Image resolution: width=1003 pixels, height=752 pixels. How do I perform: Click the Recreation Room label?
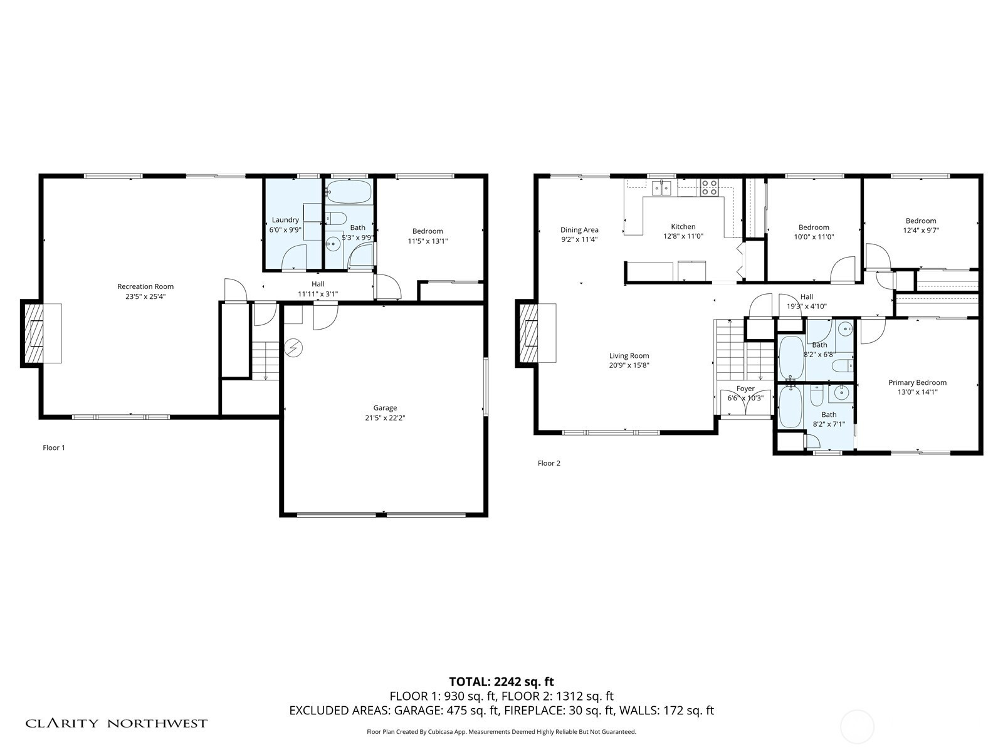tap(145, 286)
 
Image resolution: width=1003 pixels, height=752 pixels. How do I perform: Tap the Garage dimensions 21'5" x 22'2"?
tap(385, 417)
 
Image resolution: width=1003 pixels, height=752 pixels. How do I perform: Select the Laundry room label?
tap(285, 219)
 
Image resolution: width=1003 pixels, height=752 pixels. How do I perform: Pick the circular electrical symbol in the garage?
tap(293, 348)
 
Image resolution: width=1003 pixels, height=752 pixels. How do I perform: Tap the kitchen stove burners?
tap(709, 187)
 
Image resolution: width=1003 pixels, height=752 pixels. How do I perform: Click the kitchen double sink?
tap(661, 187)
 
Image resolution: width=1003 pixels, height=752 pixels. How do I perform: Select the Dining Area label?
tap(579, 229)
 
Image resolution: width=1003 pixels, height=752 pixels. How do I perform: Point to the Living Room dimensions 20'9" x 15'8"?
tap(629, 365)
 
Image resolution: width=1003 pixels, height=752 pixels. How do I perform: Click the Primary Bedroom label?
tap(918, 382)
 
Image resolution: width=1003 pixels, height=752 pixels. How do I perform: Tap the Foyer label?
tap(745, 389)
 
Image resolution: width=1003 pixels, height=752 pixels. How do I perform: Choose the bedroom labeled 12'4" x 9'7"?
tap(921, 226)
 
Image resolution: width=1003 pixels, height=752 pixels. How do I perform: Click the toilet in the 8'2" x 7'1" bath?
tap(817, 395)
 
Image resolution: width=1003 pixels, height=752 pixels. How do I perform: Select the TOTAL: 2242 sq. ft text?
tap(501, 682)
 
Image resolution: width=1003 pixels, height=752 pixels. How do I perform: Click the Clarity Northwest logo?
tap(116, 724)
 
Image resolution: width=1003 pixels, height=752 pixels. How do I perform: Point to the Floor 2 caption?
tap(549, 463)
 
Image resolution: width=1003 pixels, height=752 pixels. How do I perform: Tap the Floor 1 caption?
tap(54, 447)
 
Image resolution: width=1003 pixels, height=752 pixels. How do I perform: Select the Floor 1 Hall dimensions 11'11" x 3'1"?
tap(318, 294)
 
